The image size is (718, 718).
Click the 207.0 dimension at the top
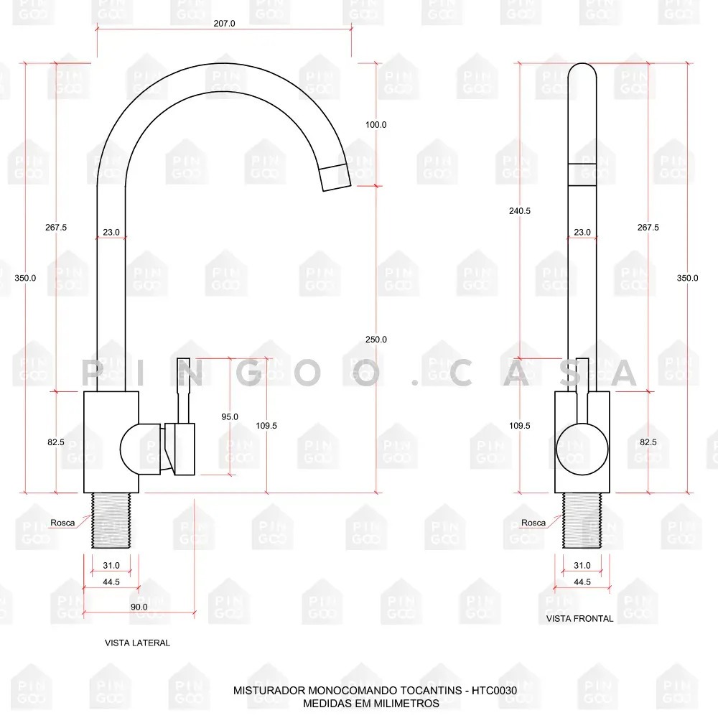pos(224,24)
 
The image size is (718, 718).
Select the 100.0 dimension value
pos(376,124)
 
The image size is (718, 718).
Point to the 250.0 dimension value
pos(376,340)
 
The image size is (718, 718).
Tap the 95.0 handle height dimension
pos(230,416)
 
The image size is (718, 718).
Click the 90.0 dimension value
pos(139,607)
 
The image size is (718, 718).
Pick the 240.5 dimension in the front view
pos(520,210)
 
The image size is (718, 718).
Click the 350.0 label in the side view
pos(25,278)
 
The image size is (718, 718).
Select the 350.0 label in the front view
pos(687,278)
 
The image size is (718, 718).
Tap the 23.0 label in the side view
pos(111,232)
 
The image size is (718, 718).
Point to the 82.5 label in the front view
pos(648,442)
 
